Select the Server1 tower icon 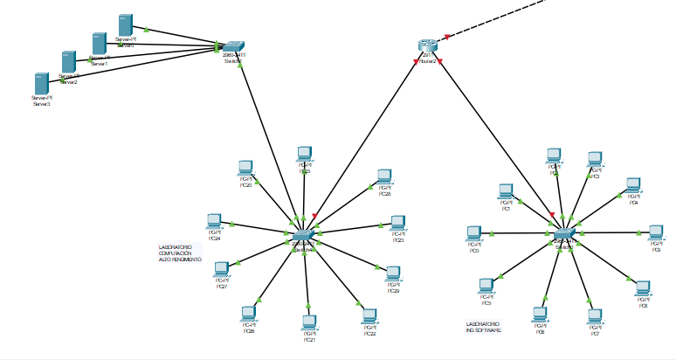click(x=99, y=44)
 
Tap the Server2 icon click(x=69, y=62)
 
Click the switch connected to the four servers click(x=233, y=47)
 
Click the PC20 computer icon click(x=245, y=168)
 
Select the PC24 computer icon click(x=213, y=221)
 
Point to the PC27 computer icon click(x=221, y=269)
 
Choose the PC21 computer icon click(x=308, y=322)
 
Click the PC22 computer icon click(x=369, y=316)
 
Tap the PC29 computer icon click(x=393, y=273)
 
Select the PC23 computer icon click(x=397, y=223)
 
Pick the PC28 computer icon click(x=384, y=177)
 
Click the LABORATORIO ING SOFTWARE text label click(x=484, y=327)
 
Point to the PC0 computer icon click(x=473, y=233)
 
